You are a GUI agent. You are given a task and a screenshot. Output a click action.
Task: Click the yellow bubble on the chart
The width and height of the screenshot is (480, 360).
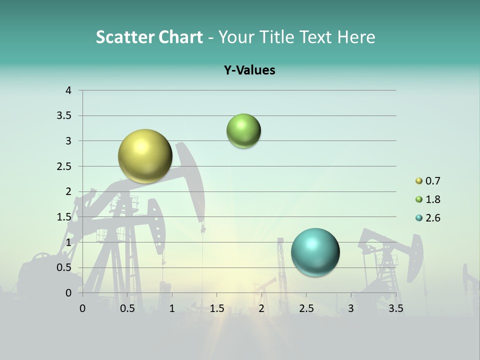[x=145, y=156]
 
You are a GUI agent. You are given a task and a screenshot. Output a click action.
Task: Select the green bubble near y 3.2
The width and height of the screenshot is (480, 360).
[x=243, y=131]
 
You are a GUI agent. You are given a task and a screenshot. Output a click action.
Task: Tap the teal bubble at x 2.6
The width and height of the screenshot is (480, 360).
[x=315, y=252]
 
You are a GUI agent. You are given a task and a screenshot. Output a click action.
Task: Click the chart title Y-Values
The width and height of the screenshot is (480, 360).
[x=249, y=70]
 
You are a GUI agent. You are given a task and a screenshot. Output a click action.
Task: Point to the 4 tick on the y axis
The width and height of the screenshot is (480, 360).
[x=68, y=90]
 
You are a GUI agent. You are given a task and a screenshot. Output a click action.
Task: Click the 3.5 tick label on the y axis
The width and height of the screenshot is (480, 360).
[x=65, y=116]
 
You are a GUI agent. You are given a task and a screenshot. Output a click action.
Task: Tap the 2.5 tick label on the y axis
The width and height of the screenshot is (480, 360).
[x=65, y=166]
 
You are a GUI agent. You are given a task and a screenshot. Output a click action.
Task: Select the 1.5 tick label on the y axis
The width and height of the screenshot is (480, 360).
[x=65, y=217]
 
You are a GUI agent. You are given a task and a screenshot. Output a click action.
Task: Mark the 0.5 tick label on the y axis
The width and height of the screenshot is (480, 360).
[x=65, y=267]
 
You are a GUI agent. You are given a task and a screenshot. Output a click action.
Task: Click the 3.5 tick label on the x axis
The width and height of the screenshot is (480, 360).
[x=396, y=308]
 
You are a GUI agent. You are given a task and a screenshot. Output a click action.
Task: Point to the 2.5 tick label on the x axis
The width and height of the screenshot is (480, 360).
[x=306, y=308]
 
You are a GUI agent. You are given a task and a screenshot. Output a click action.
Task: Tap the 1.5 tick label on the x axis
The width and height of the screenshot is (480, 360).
[x=217, y=308]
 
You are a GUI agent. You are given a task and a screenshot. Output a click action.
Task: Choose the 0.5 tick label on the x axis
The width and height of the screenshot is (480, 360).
[x=127, y=308]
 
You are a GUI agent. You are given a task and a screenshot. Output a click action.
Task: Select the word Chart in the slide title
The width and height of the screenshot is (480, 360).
[x=179, y=37]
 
